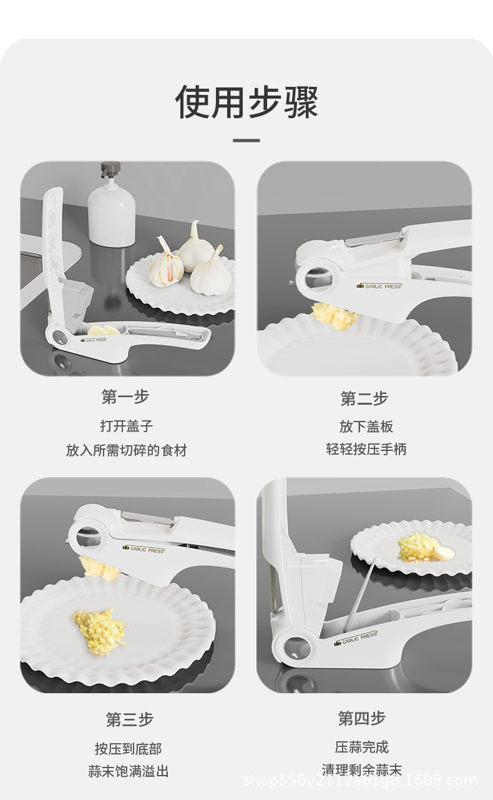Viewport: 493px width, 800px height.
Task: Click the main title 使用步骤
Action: (246, 102)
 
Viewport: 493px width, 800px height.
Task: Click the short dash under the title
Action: (246, 141)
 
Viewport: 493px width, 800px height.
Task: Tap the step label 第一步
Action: (125, 397)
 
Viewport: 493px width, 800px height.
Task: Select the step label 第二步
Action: (364, 398)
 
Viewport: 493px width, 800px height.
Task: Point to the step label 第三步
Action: (129, 719)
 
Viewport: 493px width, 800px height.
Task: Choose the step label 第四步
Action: (362, 718)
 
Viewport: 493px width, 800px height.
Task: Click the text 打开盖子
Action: (127, 426)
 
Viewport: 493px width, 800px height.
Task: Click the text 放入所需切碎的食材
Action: (127, 450)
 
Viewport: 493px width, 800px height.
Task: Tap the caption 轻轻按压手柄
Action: (366, 449)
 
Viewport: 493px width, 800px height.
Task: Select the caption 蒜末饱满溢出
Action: (129, 771)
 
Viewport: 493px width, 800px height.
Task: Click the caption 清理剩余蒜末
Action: (362, 770)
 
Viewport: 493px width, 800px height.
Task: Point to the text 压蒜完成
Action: (362, 747)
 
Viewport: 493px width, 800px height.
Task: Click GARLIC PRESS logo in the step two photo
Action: (380, 285)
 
